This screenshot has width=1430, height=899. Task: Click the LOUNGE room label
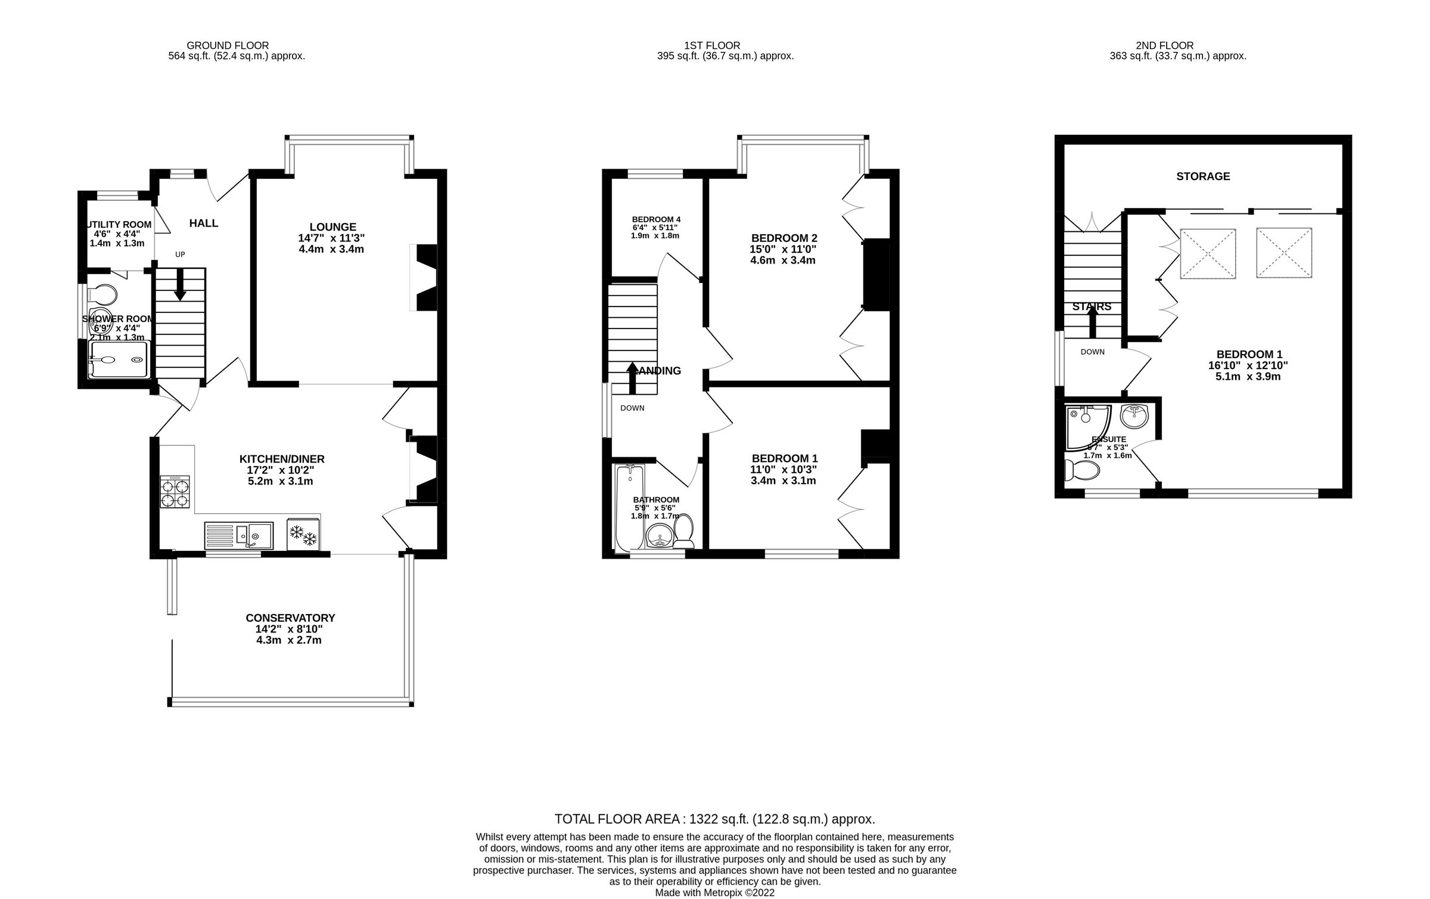tap(332, 227)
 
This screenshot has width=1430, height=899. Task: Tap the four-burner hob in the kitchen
tap(175, 492)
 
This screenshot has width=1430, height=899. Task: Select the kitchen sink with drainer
tap(238, 535)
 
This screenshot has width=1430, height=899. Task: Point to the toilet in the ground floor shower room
tap(102, 294)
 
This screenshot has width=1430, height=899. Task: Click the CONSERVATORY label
tap(290, 618)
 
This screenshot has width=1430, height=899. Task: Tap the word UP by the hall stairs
tap(180, 255)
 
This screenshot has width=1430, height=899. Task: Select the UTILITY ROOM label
tap(119, 225)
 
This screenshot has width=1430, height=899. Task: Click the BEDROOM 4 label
tap(656, 219)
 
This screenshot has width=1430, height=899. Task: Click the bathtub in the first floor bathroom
tap(629, 507)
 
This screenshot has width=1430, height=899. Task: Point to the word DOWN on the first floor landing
tap(632, 408)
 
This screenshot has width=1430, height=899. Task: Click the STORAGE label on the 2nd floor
tap(1203, 176)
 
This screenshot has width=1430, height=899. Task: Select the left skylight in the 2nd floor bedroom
tap(1208, 253)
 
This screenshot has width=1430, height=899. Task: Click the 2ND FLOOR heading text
tap(1164, 45)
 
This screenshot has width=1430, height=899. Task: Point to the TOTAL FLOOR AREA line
tap(714, 819)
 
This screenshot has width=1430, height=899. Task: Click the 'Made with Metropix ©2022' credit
tap(714, 892)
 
